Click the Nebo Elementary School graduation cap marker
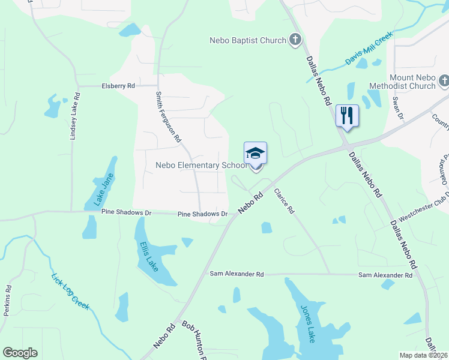[x=255, y=154]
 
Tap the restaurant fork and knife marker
[x=346, y=115]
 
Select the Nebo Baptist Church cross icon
[x=295, y=40]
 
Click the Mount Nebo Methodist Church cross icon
[x=444, y=80]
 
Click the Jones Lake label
[x=306, y=324]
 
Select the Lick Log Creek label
[x=70, y=292]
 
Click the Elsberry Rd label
[x=118, y=86]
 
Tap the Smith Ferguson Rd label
[x=169, y=116]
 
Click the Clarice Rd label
[x=285, y=202]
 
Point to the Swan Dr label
[x=396, y=106]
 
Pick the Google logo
[x=20, y=353]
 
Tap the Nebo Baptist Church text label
[x=247, y=40]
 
